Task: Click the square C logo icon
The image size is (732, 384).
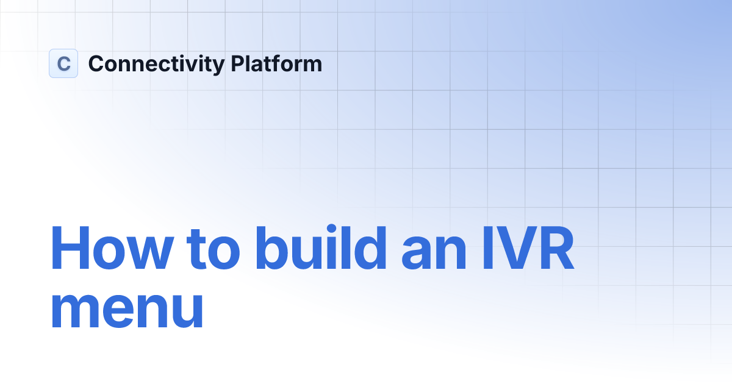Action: [x=63, y=63]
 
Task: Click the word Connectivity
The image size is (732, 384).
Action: [x=156, y=64]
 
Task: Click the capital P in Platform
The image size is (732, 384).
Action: [x=237, y=63]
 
